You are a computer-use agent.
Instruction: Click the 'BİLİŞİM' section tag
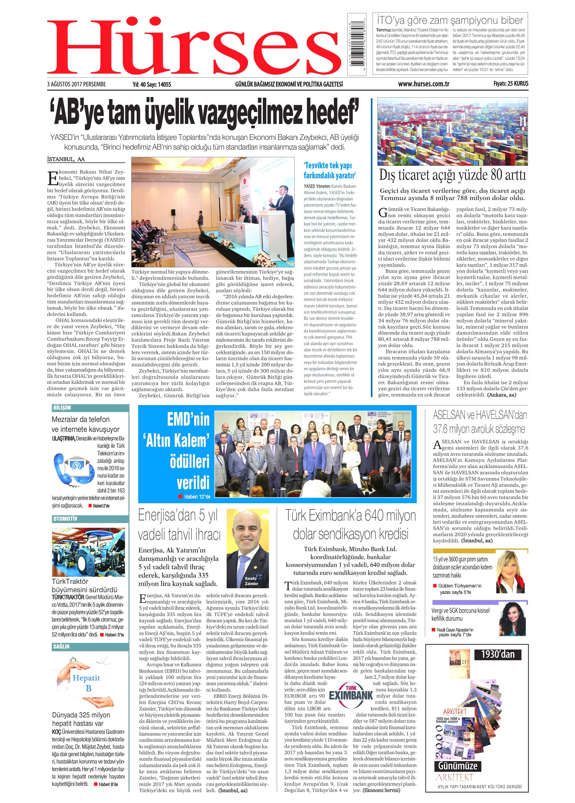tap(62, 408)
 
